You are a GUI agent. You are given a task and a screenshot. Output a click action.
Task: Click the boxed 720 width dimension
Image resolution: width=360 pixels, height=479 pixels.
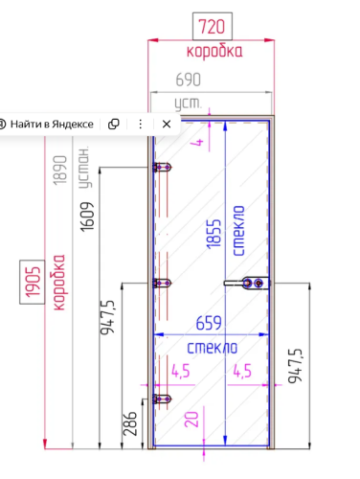click(x=213, y=27)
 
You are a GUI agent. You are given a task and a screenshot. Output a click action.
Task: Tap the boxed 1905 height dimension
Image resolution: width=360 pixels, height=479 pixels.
click(x=32, y=282)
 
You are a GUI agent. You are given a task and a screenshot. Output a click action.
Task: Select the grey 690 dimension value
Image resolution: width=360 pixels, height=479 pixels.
click(x=189, y=80)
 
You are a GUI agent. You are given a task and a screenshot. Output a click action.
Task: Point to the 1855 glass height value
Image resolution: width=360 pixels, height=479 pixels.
click(x=214, y=234)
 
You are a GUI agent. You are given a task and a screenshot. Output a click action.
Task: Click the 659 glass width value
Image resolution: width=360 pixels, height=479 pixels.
click(x=209, y=323)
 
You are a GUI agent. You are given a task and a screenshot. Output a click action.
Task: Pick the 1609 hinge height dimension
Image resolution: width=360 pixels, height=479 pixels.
click(x=87, y=217)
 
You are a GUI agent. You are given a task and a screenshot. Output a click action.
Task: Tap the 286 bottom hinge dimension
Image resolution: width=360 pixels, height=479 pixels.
click(x=130, y=423)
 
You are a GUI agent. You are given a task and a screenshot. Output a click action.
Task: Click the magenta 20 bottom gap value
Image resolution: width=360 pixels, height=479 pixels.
click(x=191, y=420)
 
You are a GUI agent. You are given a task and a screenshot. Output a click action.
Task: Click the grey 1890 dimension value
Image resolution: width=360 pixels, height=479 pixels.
click(x=60, y=171)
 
